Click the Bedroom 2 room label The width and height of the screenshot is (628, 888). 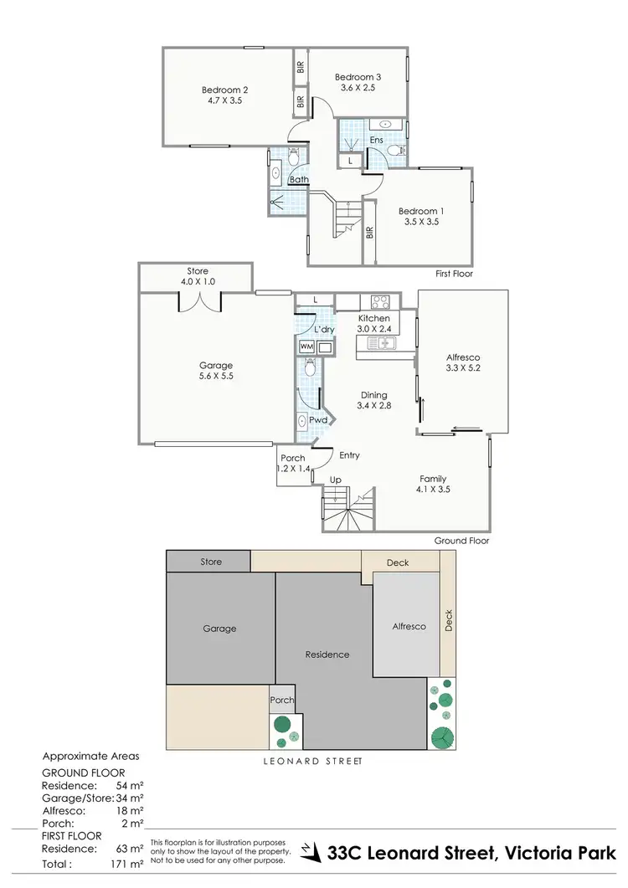(x=224, y=90)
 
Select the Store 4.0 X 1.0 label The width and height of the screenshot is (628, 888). (x=198, y=276)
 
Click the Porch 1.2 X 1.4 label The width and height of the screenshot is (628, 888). (x=293, y=464)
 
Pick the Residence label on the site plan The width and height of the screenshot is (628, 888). (x=327, y=654)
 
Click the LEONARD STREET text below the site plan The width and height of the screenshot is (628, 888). (x=310, y=762)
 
